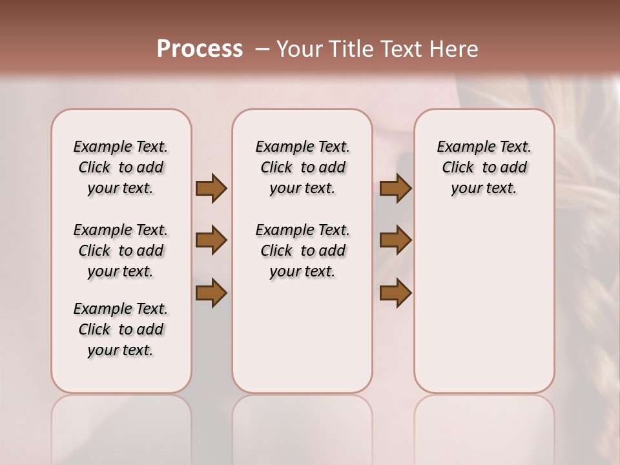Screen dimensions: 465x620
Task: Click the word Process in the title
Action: pyautogui.click(x=200, y=49)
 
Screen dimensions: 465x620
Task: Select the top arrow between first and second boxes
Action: pyautogui.click(x=211, y=189)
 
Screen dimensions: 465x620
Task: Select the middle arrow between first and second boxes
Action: pyautogui.click(x=211, y=240)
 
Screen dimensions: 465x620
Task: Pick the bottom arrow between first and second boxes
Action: pyautogui.click(x=211, y=293)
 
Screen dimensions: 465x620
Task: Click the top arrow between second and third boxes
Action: pyautogui.click(x=395, y=189)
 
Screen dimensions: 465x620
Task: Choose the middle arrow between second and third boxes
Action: pyautogui.click(x=395, y=240)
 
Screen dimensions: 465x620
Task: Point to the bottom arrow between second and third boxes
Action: pyautogui.click(x=395, y=293)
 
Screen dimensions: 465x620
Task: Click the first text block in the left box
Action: pyautogui.click(x=121, y=168)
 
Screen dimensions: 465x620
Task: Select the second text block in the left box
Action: pyautogui.click(x=121, y=251)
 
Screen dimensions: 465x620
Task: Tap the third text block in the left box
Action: pyautogui.click(x=121, y=329)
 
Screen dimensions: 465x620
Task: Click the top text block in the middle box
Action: pyautogui.click(x=302, y=168)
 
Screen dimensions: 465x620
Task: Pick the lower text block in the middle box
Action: pyautogui.click(x=302, y=251)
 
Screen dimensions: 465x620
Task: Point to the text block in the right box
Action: pyautogui.click(x=484, y=168)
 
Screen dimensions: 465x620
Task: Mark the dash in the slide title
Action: pyautogui.click(x=262, y=49)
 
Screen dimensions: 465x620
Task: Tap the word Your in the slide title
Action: pyautogui.click(x=298, y=49)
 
